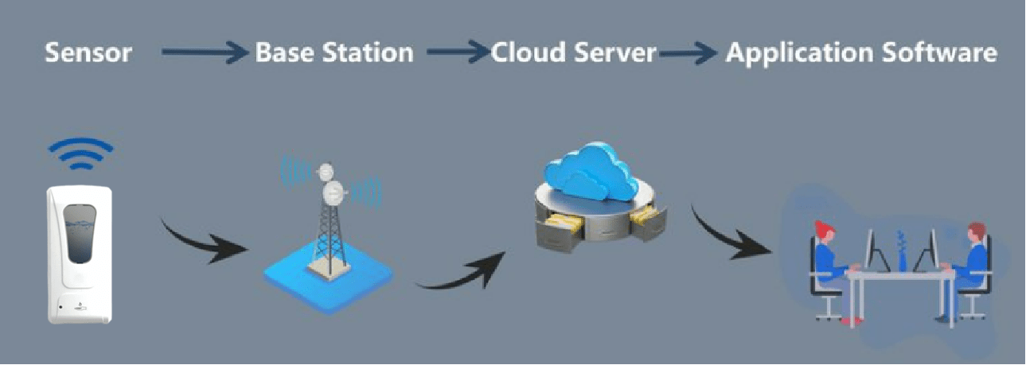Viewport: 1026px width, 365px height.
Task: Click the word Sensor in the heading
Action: point(88,53)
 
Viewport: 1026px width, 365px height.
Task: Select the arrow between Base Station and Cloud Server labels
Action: point(458,53)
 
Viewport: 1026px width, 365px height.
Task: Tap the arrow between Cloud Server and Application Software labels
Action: point(689,54)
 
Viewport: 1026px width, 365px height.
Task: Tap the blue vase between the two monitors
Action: point(902,253)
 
